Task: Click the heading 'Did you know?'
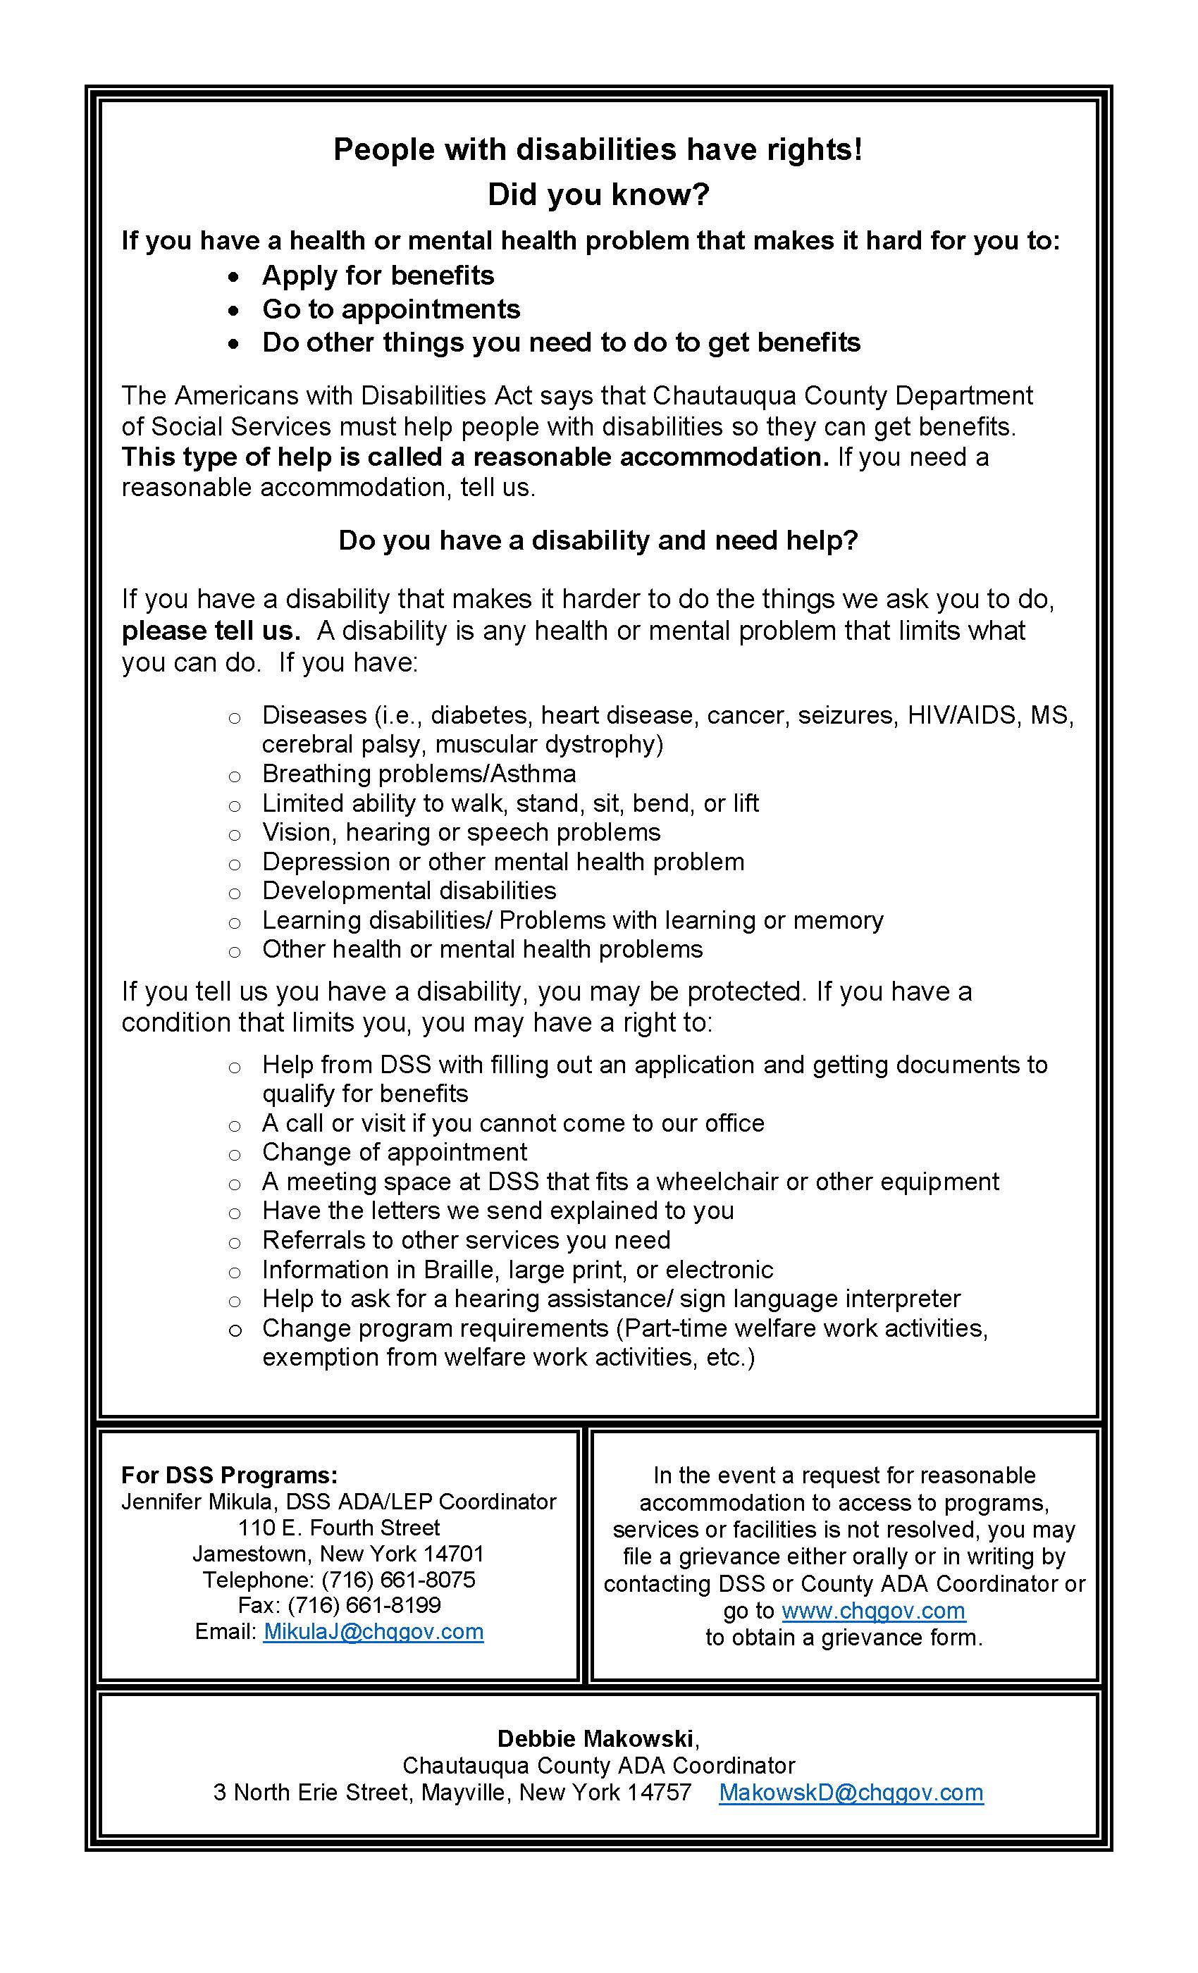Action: pyautogui.click(x=598, y=194)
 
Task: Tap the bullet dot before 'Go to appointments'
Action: pyautogui.click(x=233, y=310)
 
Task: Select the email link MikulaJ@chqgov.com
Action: pyautogui.click(x=373, y=1631)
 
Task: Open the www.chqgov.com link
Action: pyautogui.click(x=873, y=1609)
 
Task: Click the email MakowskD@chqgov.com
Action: pyautogui.click(x=851, y=1792)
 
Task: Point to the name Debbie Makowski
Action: pyautogui.click(x=595, y=1738)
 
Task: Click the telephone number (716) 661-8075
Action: pyautogui.click(x=398, y=1579)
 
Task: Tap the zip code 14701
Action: pyautogui.click(x=453, y=1554)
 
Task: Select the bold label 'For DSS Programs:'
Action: pyautogui.click(x=229, y=1475)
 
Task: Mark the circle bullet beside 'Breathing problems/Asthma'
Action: pyautogui.click(x=234, y=775)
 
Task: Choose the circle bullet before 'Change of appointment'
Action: pyautogui.click(x=234, y=1154)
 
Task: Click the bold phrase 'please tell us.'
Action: pyautogui.click(x=211, y=630)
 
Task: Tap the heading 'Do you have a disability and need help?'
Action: pyautogui.click(x=598, y=540)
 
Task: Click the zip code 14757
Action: pyautogui.click(x=659, y=1792)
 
